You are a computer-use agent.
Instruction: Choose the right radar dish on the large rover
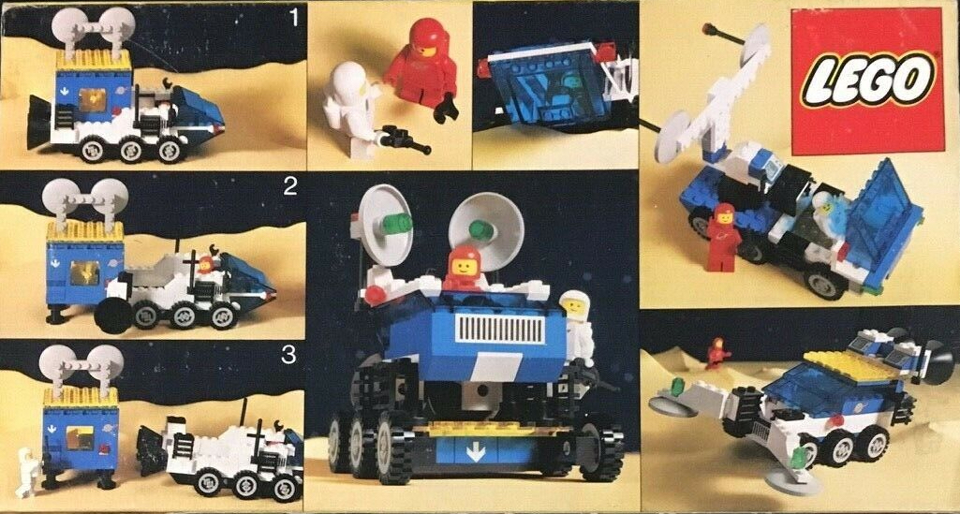click(486, 223)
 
